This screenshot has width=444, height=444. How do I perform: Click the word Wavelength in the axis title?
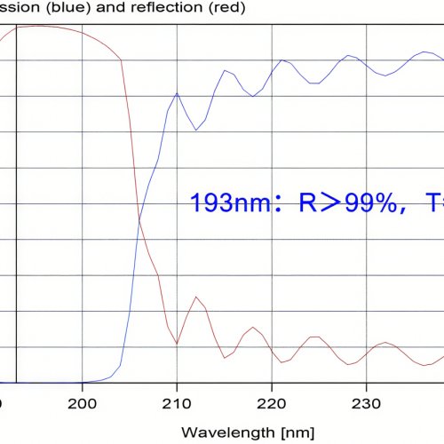(218, 432)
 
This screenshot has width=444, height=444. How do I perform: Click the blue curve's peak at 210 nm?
(178, 92)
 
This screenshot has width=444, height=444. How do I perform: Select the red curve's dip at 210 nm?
(178, 344)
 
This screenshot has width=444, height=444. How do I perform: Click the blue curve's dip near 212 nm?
(196, 131)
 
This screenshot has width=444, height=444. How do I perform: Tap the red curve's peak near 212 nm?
(196, 297)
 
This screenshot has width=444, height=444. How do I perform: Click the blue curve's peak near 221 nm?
(282, 59)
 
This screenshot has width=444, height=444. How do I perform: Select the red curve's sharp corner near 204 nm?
(121, 59)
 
